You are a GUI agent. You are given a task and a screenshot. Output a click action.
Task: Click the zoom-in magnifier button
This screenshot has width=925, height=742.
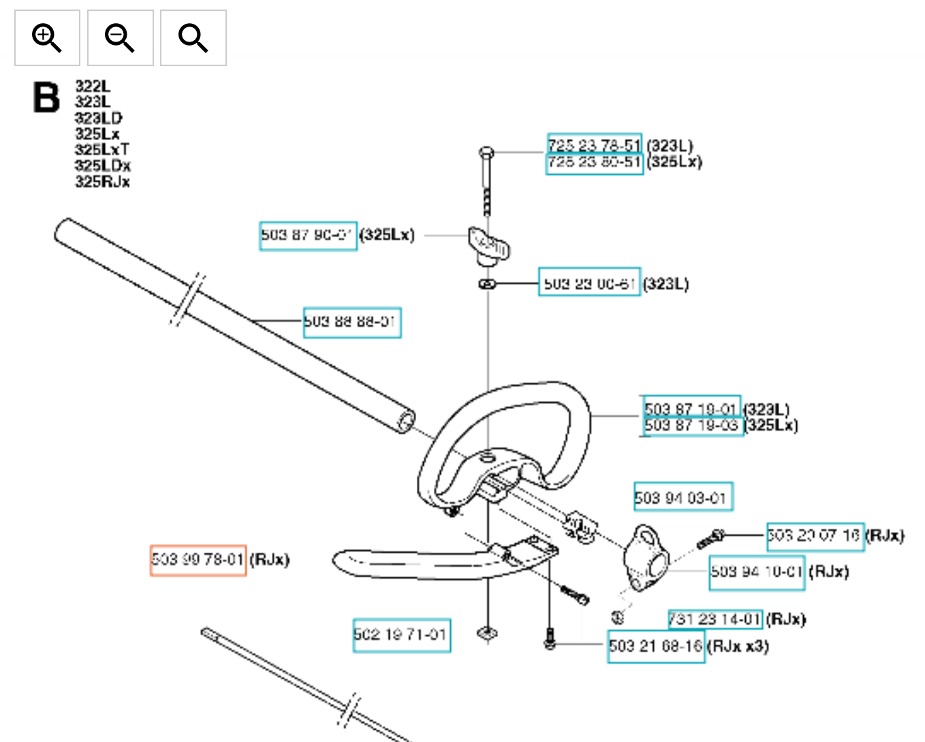(47, 38)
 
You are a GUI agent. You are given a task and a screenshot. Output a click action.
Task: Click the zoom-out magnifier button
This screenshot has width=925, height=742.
(120, 38)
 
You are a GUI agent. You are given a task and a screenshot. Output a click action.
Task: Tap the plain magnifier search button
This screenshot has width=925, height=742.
(193, 38)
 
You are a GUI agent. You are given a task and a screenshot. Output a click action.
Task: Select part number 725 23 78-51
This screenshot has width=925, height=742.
(594, 144)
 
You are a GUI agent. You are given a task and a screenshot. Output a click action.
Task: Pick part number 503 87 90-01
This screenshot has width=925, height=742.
(308, 236)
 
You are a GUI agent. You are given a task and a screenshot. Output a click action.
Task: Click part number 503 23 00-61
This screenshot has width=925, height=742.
(589, 283)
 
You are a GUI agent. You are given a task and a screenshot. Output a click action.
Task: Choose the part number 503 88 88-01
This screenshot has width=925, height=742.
(351, 322)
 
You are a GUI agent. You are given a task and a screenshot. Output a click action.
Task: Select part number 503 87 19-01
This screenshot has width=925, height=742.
(691, 408)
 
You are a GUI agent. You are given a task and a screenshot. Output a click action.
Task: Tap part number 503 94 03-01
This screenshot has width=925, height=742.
(683, 497)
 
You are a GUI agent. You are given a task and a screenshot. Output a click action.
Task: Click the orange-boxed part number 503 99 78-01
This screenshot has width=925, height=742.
(198, 560)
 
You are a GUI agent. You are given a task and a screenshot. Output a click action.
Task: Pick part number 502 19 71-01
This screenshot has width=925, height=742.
(401, 635)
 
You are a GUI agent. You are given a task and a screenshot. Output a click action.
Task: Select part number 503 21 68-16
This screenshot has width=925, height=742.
(656, 646)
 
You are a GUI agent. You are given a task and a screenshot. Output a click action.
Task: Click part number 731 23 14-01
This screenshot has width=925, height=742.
(715, 619)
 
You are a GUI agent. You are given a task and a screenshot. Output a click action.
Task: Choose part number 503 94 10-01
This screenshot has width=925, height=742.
(757, 571)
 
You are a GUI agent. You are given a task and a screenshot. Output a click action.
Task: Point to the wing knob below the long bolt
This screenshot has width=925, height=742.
(488, 245)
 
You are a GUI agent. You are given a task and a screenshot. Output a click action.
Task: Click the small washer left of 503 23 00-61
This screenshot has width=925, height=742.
(486, 283)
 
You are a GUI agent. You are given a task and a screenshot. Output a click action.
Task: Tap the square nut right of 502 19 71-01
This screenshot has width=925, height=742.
(487, 634)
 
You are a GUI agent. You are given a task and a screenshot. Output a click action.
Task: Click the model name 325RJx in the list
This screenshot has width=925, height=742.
(102, 182)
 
